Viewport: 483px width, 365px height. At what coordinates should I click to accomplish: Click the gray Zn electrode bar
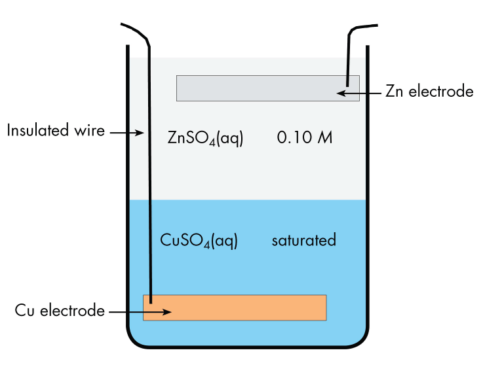click(x=262, y=88)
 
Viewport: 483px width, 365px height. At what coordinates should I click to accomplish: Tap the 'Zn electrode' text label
click(x=429, y=92)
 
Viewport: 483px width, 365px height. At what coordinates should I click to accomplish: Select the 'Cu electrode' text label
click(x=60, y=311)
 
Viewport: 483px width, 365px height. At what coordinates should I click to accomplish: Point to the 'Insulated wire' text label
click(x=56, y=131)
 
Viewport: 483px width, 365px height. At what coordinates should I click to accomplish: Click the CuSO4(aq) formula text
click(x=199, y=240)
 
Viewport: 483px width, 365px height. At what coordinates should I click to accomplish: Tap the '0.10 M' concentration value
click(x=305, y=138)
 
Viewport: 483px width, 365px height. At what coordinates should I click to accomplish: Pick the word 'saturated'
click(x=303, y=240)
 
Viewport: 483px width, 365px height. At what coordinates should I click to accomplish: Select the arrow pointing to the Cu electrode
click(x=140, y=312)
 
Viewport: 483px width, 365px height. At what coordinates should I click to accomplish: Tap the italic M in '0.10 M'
click(x=325, y=138)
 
